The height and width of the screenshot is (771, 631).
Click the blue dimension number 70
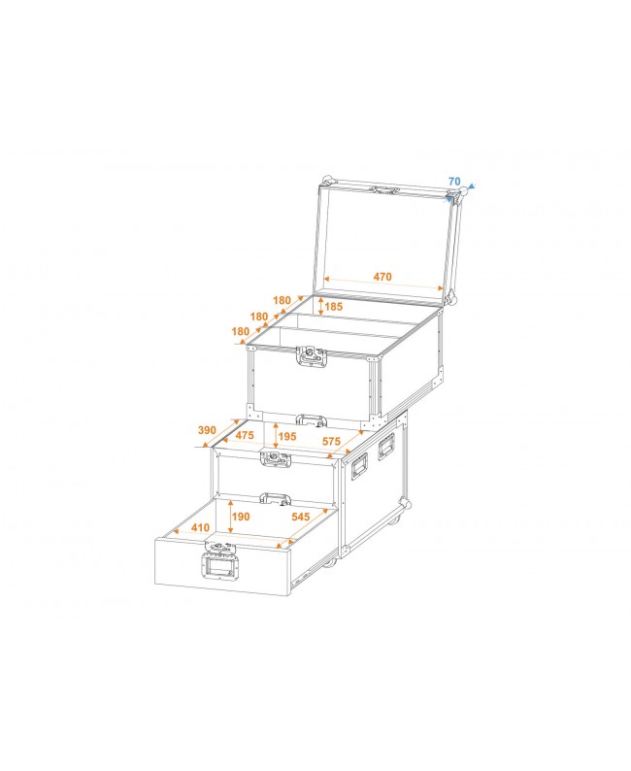coord(454,181)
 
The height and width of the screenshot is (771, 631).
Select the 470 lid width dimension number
coord(382,277)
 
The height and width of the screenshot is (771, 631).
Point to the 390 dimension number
coord(207,429)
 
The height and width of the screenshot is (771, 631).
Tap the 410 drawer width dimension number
coord(199,529)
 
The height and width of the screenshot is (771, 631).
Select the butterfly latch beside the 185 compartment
coord(312,358)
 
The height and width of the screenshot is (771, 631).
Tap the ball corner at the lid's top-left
coord(326,181)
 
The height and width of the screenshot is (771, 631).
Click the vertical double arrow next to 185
coord(320,308)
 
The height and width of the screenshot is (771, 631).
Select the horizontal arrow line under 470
coord(382,285)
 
